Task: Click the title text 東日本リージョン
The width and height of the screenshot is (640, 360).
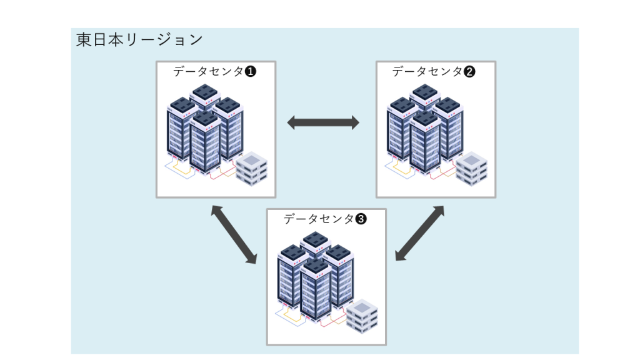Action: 139,39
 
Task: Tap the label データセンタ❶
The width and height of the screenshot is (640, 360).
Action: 214,71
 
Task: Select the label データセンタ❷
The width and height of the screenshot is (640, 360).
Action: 434,71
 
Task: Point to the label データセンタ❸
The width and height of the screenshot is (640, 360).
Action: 325,219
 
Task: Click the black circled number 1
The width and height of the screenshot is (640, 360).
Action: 251,71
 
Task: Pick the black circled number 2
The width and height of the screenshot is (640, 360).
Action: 470,71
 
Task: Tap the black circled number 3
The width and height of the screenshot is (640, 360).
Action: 361,219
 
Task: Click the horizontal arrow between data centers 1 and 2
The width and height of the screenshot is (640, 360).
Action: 323,123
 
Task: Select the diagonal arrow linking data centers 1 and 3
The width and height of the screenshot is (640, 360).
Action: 234,234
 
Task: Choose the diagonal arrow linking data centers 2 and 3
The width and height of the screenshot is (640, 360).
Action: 420,232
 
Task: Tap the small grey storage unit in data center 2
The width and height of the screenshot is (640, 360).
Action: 471,169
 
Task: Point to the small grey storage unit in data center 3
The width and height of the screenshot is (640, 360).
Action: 362,316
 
